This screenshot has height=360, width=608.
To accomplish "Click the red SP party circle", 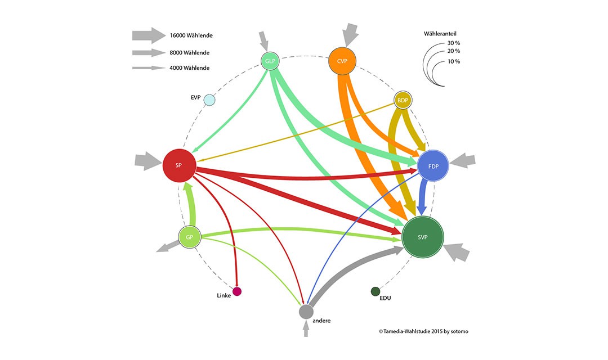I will click(x=179, y=165).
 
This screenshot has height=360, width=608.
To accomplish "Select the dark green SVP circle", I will click(x=423, y=237).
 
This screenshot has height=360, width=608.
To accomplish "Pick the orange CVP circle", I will click(x=343, y=61).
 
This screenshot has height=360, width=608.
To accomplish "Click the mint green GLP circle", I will click(x=270, y=61).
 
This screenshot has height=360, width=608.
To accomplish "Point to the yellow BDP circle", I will click(x=403, y=100).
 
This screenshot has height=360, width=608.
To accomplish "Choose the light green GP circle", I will click(x=190, y=237).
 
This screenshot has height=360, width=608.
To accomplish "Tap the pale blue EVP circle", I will click(x=209, y=100).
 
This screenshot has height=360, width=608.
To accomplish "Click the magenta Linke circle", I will click(x=237, y=291).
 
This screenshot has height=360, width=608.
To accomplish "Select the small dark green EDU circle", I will click(x=375, y=291).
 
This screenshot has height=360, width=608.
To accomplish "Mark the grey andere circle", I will click(x=306, y=310).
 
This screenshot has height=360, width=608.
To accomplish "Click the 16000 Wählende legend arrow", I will click(x=149, y=35).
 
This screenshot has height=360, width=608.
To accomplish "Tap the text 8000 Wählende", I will click(x=190, y=53).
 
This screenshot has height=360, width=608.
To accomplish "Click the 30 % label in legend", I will click(x=453, y=43).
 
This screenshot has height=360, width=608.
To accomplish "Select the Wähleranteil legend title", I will click(x=440, y=34).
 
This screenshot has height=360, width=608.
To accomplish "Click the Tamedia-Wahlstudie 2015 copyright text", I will click(x=423, y=331).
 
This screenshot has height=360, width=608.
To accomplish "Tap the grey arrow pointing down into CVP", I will click(x=350, y=34).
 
